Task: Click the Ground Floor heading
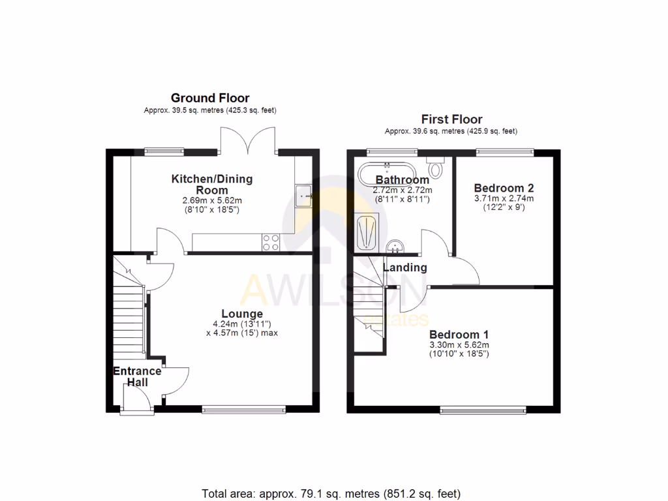[210, 99]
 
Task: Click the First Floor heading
[451, 119]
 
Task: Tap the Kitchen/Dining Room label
[211, 184]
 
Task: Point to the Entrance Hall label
[137, 376]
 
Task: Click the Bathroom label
[402, 179]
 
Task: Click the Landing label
[404, 267]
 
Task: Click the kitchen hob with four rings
[271, 242]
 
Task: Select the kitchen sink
[305, 194]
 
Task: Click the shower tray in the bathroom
[365, 232]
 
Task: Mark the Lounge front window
[243, 410]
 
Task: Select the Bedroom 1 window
[483, 410]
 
